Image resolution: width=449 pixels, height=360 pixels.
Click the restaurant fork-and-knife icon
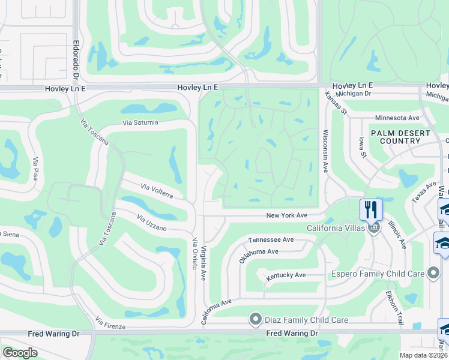[370, 209]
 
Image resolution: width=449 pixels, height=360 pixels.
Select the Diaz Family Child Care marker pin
[256, 319]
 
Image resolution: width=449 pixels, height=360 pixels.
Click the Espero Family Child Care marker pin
[433, 274]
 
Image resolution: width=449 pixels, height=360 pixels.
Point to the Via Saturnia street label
[140, 122]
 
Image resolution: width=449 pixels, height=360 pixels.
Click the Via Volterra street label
[157, 191]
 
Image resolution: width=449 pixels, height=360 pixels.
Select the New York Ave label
[287, 215]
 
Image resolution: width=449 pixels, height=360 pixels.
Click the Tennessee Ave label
[271, 239]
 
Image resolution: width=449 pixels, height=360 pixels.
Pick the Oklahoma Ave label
[259, 256]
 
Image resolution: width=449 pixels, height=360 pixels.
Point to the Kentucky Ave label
[286, 275]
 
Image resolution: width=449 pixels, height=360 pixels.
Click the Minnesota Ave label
[397, 118]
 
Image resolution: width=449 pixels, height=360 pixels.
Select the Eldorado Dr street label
[76, 61]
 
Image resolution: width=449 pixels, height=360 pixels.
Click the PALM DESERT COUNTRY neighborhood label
[400, 137]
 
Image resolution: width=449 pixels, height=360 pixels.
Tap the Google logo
[20, 353]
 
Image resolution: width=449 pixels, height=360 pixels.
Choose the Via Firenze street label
[110, 324]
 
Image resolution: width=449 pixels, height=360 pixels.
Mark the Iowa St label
[362, 146]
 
